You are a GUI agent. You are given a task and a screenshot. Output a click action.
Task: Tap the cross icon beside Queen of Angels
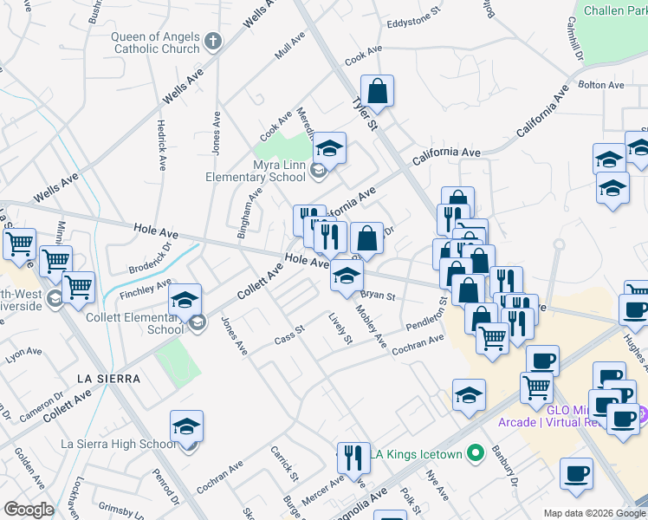pyautogui.click(x=214, y=41)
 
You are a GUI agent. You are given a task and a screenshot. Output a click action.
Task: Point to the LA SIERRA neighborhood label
pyautogui.click(x=108, y=378)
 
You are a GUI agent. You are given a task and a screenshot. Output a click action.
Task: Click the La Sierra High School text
pyautogui.click(x=118, y=445)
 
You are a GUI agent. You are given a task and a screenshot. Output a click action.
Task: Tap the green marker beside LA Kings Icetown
pyautogui.click(x=474, y=452)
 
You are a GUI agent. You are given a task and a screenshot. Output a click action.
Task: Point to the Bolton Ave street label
pyautogui.click(x=601, y=85)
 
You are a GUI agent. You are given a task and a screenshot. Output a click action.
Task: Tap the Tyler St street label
pyautogui.click(x=365, y=114)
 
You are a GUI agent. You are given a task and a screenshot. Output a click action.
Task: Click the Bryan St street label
pyautogui.click(x=378, y=296)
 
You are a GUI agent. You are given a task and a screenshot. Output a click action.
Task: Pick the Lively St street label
pyautogui.click(x=340, y=328)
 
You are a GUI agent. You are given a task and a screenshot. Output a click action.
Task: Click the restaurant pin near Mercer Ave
pyautogui.click(x=352, y=455)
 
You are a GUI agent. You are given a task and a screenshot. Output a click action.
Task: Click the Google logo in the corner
pyautogui.click(x=28, y=510)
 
